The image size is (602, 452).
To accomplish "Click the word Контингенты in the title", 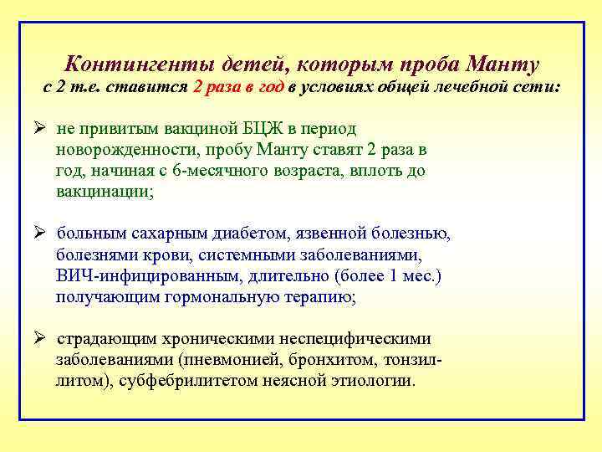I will coord(140,64).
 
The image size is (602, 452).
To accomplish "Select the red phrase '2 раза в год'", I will coord(238,87).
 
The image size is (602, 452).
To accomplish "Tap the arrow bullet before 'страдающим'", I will coord(39,339).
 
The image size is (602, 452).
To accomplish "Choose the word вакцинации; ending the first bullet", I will coord(105,192).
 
